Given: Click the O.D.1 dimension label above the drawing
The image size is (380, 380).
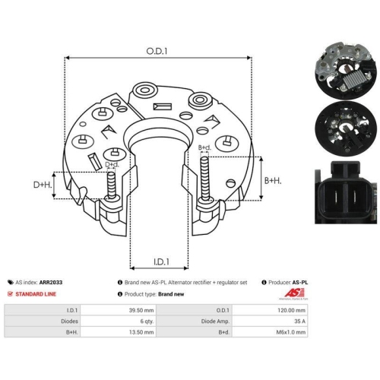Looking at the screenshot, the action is point(157,51).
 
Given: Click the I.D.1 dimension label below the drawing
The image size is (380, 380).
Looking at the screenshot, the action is point(161,261).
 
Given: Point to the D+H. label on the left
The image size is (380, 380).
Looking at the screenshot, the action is point(43,185).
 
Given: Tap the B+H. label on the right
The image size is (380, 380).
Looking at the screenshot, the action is point(273,181).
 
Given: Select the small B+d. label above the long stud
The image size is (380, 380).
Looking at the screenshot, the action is point(204,147).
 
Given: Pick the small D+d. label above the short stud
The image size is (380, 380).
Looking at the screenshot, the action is point(112,164).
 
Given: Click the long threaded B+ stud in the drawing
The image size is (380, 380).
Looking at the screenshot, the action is point(204,179).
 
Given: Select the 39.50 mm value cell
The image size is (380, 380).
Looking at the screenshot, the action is point(119,310).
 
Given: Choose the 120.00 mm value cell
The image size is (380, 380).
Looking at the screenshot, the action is point(270,310).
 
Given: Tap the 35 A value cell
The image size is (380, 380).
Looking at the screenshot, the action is point(270,321).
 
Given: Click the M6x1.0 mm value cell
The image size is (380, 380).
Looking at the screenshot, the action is point(270,332).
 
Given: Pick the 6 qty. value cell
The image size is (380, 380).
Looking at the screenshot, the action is point(119,321).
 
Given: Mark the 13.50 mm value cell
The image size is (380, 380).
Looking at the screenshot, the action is point(119,332).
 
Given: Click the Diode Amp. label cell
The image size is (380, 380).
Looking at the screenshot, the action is point(195,321).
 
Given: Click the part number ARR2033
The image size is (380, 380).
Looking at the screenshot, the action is point(51,282).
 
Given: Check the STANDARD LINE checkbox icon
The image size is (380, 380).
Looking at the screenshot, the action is point(10,294).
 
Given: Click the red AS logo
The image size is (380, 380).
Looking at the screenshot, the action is point(294,293).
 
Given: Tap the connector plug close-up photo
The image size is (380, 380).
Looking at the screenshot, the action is point(346,192).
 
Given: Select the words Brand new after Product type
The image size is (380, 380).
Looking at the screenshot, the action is point(171,294).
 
